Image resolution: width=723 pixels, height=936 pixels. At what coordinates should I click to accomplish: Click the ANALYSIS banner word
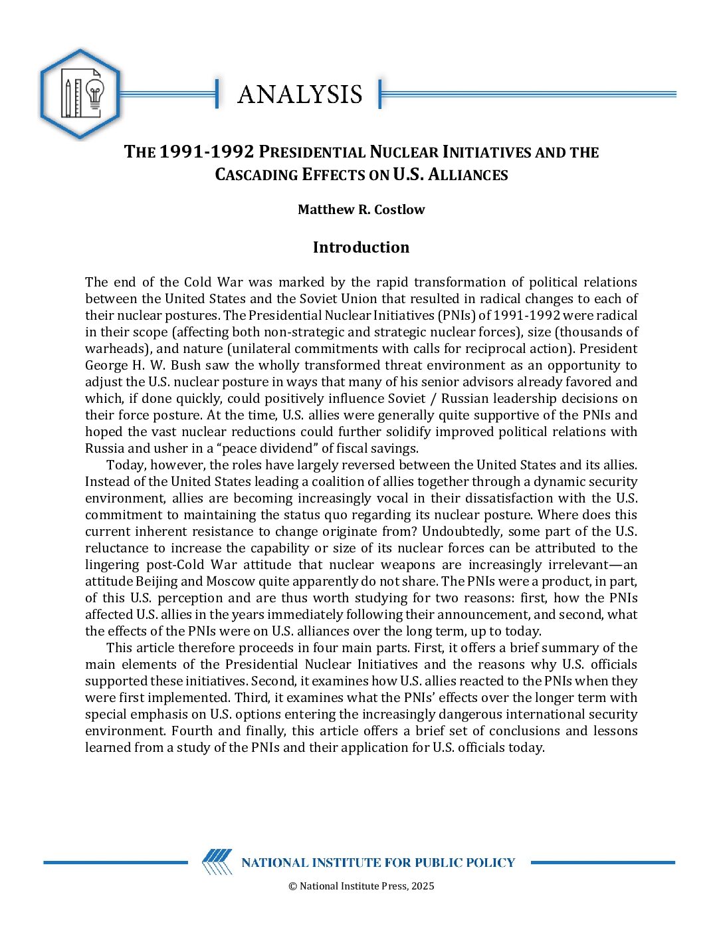coord(300,94)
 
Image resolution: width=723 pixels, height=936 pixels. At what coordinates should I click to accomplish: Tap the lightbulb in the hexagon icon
coord(96,95)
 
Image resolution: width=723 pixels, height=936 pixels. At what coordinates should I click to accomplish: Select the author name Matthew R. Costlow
coord(361,209)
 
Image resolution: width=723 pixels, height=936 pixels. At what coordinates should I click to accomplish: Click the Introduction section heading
coord(361,247)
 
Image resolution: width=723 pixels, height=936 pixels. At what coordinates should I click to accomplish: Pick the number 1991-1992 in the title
coord(207,152)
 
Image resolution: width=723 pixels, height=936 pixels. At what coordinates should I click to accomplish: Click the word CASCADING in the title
coord(256,175)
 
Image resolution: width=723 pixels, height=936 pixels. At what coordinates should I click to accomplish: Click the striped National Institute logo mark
coord(217,862)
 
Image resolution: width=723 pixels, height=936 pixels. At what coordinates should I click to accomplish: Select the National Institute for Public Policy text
coord(378,863)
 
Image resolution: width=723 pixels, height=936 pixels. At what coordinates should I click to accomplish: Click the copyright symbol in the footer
coord(292,886)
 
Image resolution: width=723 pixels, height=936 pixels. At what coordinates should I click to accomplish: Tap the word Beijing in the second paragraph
coord(157,581)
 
